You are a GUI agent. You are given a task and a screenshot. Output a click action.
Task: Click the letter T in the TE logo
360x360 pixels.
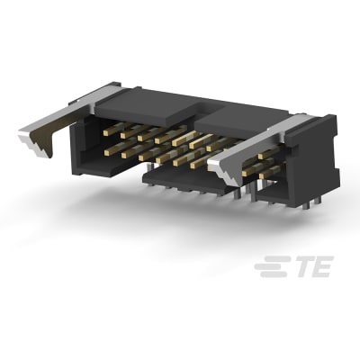[x=299, y=268]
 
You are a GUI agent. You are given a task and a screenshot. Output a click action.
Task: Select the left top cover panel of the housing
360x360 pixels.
[x=144, y=108]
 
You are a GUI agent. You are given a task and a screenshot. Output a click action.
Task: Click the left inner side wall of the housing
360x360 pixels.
[x=85, y=144]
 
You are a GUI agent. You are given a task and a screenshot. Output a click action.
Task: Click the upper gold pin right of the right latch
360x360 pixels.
[x=266, y=154]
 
